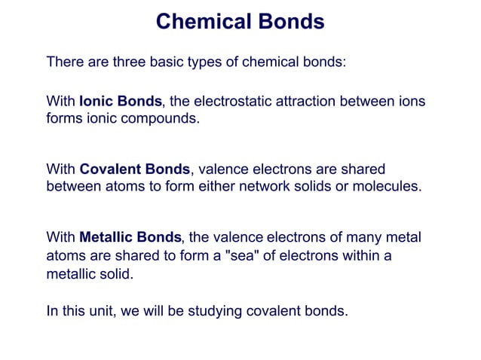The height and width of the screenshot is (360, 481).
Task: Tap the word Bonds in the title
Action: click(290, 21)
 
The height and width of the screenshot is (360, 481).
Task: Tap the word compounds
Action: click(164, 118)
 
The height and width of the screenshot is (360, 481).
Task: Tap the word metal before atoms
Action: click(403, 237)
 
